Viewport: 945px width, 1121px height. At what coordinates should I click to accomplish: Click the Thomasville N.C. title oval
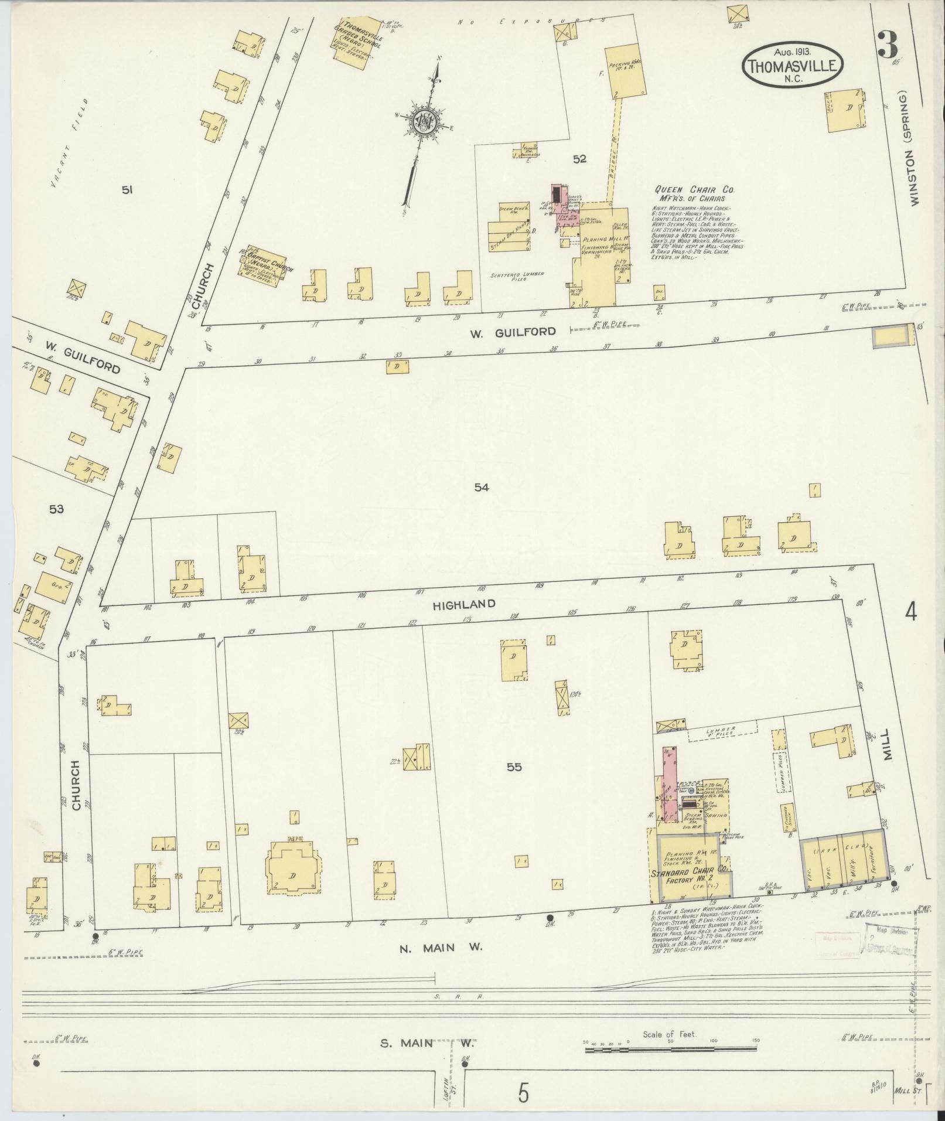coord(793,65)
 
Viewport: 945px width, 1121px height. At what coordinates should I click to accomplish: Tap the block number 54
coord(482,487)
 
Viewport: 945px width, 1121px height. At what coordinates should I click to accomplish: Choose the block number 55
coord(514,766)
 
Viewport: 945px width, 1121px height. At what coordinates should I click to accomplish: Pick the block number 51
coord(127,189)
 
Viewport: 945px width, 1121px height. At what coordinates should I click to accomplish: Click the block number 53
coord(56,509)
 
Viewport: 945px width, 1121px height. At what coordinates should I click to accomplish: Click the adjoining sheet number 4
coord(910,612)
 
